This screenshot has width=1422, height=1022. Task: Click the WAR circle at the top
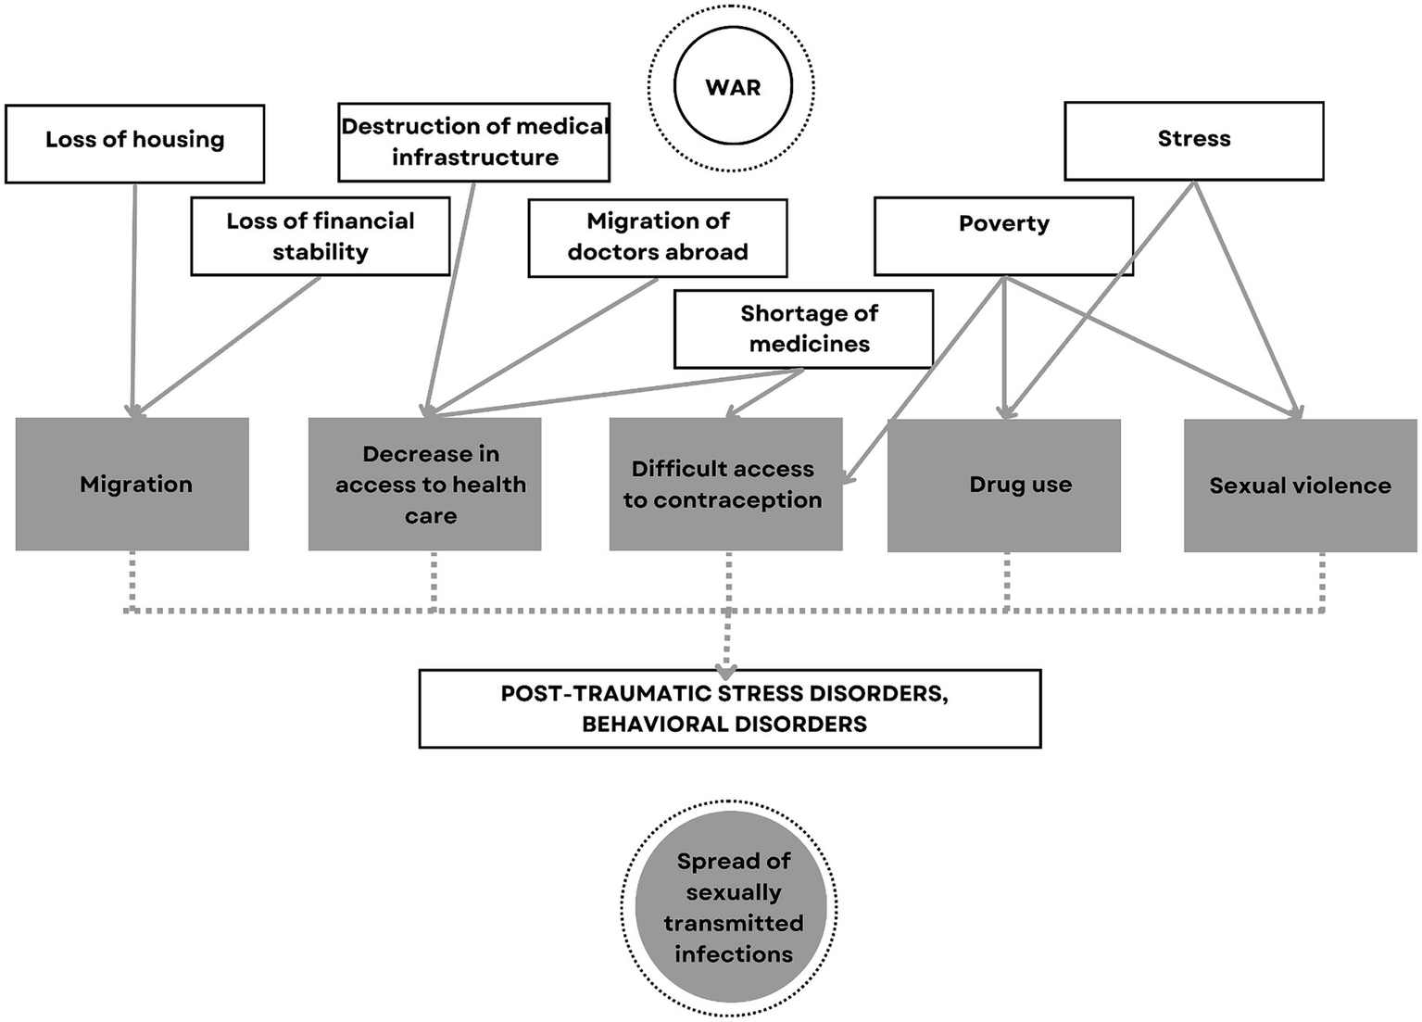pyautogui.click(x=732, y=87)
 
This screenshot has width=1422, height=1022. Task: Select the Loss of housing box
pyautogui.click(x=135, y=143)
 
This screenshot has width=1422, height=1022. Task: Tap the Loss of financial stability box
pyautogui.click(x=321, y=236)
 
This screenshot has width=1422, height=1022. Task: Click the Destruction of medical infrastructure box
pyautogui.click(x=473, y=142)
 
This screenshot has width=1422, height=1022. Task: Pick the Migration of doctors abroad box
pyautogui.click(x=658, y=237)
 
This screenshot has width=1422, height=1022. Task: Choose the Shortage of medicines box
pyautogui.click(x=803, y=329)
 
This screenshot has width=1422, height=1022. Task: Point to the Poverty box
pyautogui.click(x=1003, y=235)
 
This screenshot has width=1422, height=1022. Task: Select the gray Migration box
pyautogui.click(x=132, y=484)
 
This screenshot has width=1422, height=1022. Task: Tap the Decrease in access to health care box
pyautogui.click(x=425, y=484)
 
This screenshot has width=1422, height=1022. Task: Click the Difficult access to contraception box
pyautogui.click(x=725, y=484)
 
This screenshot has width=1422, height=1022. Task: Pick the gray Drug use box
pyautogui.click(x=1004, y=485)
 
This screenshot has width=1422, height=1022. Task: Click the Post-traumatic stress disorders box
pyautogui.click(x=730, y=708)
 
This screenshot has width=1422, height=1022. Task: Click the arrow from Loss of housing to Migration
pyautogui.click(x=134, y=297)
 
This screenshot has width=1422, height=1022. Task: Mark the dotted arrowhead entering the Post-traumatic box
pyautogui.click(x=727, y=671)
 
